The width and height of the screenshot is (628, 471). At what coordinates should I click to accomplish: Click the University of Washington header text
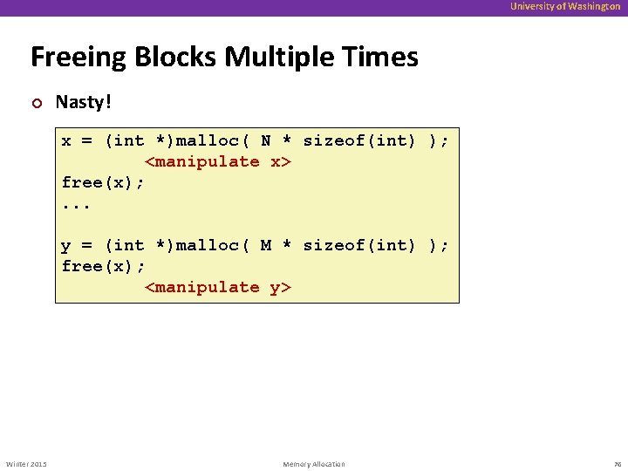[x=565, y=7]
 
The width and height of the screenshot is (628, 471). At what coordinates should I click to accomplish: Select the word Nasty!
[x=84, y=103]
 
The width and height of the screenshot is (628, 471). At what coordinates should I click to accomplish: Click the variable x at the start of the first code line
[x=66, y=141]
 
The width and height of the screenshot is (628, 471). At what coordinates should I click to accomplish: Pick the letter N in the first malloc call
[x=266, y=141]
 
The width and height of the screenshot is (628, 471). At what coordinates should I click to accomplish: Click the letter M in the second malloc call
[x=266, y=246]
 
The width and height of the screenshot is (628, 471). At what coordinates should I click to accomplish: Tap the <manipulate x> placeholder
[x=217, y=162]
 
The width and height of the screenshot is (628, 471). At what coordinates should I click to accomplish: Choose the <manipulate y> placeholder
[x=217, y=288]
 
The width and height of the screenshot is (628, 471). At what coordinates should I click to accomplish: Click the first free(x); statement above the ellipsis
[x=103, y=183]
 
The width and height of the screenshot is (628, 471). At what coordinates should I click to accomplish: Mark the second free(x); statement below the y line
[x=103, y=267]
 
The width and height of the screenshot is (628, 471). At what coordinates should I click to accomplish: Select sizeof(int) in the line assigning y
[x=359, y=246]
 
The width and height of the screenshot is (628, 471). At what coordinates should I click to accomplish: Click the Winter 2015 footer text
[x=26, y=464]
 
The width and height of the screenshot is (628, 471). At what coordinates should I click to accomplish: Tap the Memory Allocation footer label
[x=314, y=464]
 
